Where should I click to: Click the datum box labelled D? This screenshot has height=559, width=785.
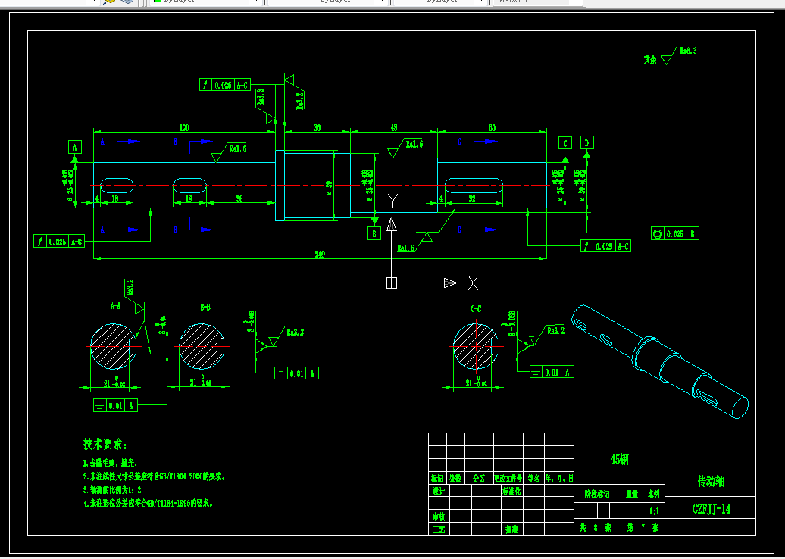click(x=587, y=143)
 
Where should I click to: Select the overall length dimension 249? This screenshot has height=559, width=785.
click(x=320, y=255)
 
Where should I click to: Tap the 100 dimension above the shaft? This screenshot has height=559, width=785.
click(x=183, y=128)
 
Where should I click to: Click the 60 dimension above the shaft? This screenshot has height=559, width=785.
click(x=492, y=128)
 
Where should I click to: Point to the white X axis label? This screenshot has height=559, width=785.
click(x=473, y=283)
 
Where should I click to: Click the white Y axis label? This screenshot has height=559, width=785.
click(x=392, y=201)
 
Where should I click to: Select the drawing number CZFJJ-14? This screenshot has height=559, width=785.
click(x=711, y=509)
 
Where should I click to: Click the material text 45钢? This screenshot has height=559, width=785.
click(x=619, y=459)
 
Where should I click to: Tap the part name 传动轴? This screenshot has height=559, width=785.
click(x=710, y=480)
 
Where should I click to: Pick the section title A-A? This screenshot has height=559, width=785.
click(x=115, y=307)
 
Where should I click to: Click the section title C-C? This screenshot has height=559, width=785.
click(x=476, y=308)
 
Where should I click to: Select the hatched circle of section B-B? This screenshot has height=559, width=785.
click(x=199, y=346)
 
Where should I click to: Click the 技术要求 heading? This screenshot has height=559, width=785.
click(x=105, y=444)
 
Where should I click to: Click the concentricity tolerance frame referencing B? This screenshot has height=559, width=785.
click(x=674, y=233)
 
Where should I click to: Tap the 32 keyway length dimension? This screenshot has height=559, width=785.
click(x=471, y=199)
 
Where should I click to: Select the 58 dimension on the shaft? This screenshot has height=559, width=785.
click(x=239, y=199)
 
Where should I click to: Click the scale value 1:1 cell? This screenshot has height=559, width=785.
click(x=654, y=511)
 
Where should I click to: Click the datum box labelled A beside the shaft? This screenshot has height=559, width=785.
click(x=75, y=147)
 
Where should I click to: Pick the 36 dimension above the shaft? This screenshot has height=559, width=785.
click(x=317, y=128)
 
